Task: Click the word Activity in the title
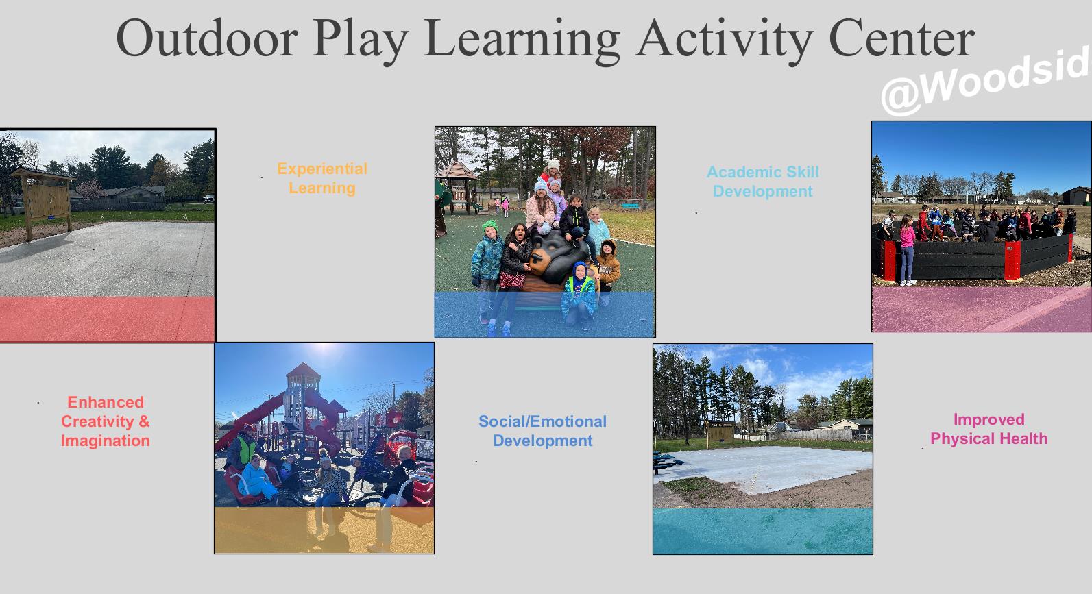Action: [x=724, y=41]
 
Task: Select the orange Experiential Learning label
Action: [x=322, y=178]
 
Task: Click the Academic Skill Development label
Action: [x=763, y=182]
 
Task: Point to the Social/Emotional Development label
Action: [x=543, y=431]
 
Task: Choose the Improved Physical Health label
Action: [x=988, y=429]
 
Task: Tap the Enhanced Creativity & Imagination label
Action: [x=106, y=421]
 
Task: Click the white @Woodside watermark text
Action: [x=986, y=80]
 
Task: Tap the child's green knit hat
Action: [x=489, y=225]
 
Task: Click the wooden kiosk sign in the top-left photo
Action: [x=45, y=200]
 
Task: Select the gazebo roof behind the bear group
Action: [x=456, y=171]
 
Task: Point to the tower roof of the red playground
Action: [x=303, y=372]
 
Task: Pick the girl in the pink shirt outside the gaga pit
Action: [x=907, y=249]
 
